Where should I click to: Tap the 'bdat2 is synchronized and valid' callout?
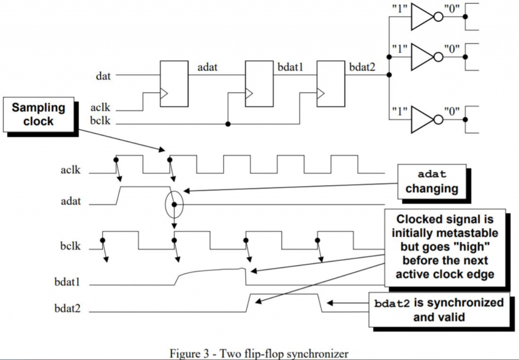pos(439,310)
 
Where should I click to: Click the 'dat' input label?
pos(103,77)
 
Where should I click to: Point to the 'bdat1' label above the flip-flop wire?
pos(290,66)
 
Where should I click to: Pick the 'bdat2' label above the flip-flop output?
pos(362,66)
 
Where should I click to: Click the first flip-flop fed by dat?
pos(174,84)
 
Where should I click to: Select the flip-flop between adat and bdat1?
pos(259,84)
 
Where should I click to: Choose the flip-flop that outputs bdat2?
pos(330,84)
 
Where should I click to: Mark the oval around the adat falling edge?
pos(174,204)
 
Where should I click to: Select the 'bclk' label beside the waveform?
pos(71,249)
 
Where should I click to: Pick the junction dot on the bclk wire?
pos(229,124)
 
